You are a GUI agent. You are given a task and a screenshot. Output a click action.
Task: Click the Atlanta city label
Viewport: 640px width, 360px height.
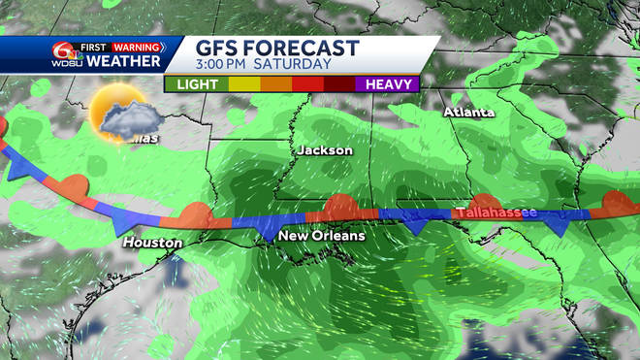[468, 112]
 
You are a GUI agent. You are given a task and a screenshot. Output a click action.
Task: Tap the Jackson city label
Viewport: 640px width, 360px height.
[325, 150]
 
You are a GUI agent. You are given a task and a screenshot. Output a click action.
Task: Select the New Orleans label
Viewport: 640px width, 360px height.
[321, 236]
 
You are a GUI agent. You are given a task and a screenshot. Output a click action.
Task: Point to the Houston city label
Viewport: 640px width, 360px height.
[152, 242]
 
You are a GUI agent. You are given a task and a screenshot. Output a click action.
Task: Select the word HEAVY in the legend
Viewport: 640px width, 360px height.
[392, 84]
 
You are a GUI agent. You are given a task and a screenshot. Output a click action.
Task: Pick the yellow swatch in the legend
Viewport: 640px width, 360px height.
[241, 84]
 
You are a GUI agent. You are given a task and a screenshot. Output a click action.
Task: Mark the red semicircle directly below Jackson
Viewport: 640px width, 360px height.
[339, 206]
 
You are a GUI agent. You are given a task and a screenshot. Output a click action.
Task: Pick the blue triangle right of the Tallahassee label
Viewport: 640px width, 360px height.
[559, 225]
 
